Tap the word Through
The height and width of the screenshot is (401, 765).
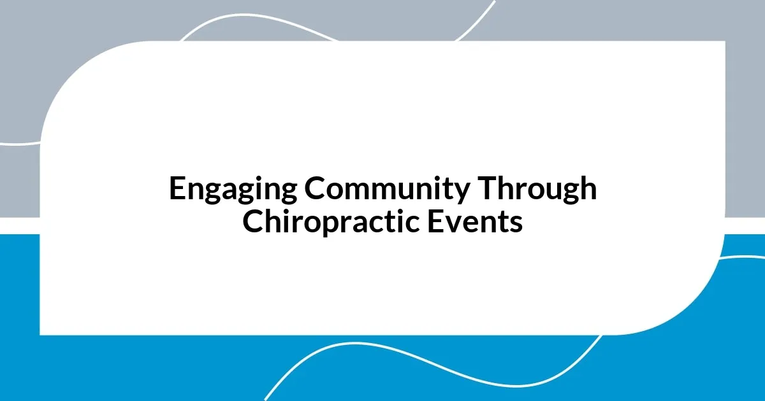click(x=539, y=190)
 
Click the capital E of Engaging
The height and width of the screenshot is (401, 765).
click(x=177, y=190)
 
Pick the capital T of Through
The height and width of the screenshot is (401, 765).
click(x=488, y=190)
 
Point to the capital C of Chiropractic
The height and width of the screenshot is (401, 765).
click(x=253, y=222)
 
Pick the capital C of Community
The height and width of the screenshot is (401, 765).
click(x=314, y=190)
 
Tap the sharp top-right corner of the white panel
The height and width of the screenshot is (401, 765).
click(x=724, y=42)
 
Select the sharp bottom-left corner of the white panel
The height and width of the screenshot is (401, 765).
click(x=40, y=334)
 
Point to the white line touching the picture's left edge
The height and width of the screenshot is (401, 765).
click(x=13, y=144)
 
